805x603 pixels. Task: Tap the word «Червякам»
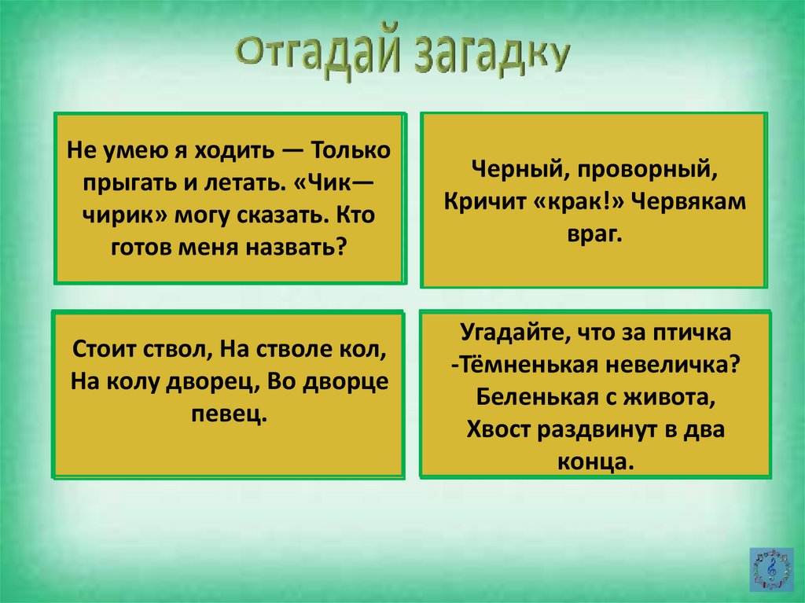click(x=689, y=202)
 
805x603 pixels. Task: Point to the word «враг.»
click(x=594, y=235)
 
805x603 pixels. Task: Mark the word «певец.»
click(x=230, y=414)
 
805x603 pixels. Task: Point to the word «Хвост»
click(x=498, y=430)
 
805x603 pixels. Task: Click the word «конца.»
click(x=594, y=463)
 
